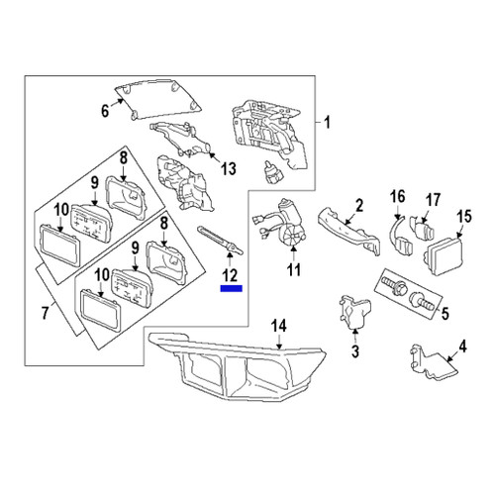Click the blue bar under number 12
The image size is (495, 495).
[x=230, y=290]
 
